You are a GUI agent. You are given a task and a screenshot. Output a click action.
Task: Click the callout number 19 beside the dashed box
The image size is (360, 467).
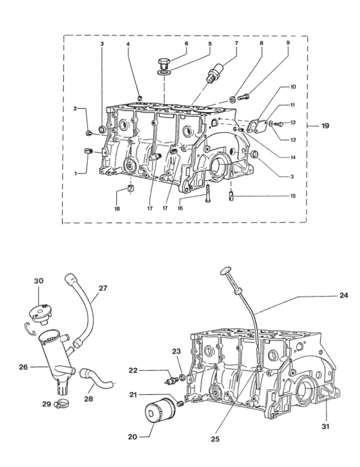(325, 126)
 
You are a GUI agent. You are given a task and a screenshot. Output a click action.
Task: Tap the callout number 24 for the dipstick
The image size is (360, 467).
(344, 295)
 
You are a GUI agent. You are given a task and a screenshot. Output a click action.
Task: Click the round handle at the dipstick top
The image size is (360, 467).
(225, 271)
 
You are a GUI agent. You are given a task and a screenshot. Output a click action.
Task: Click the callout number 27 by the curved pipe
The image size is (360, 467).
(103, 288)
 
